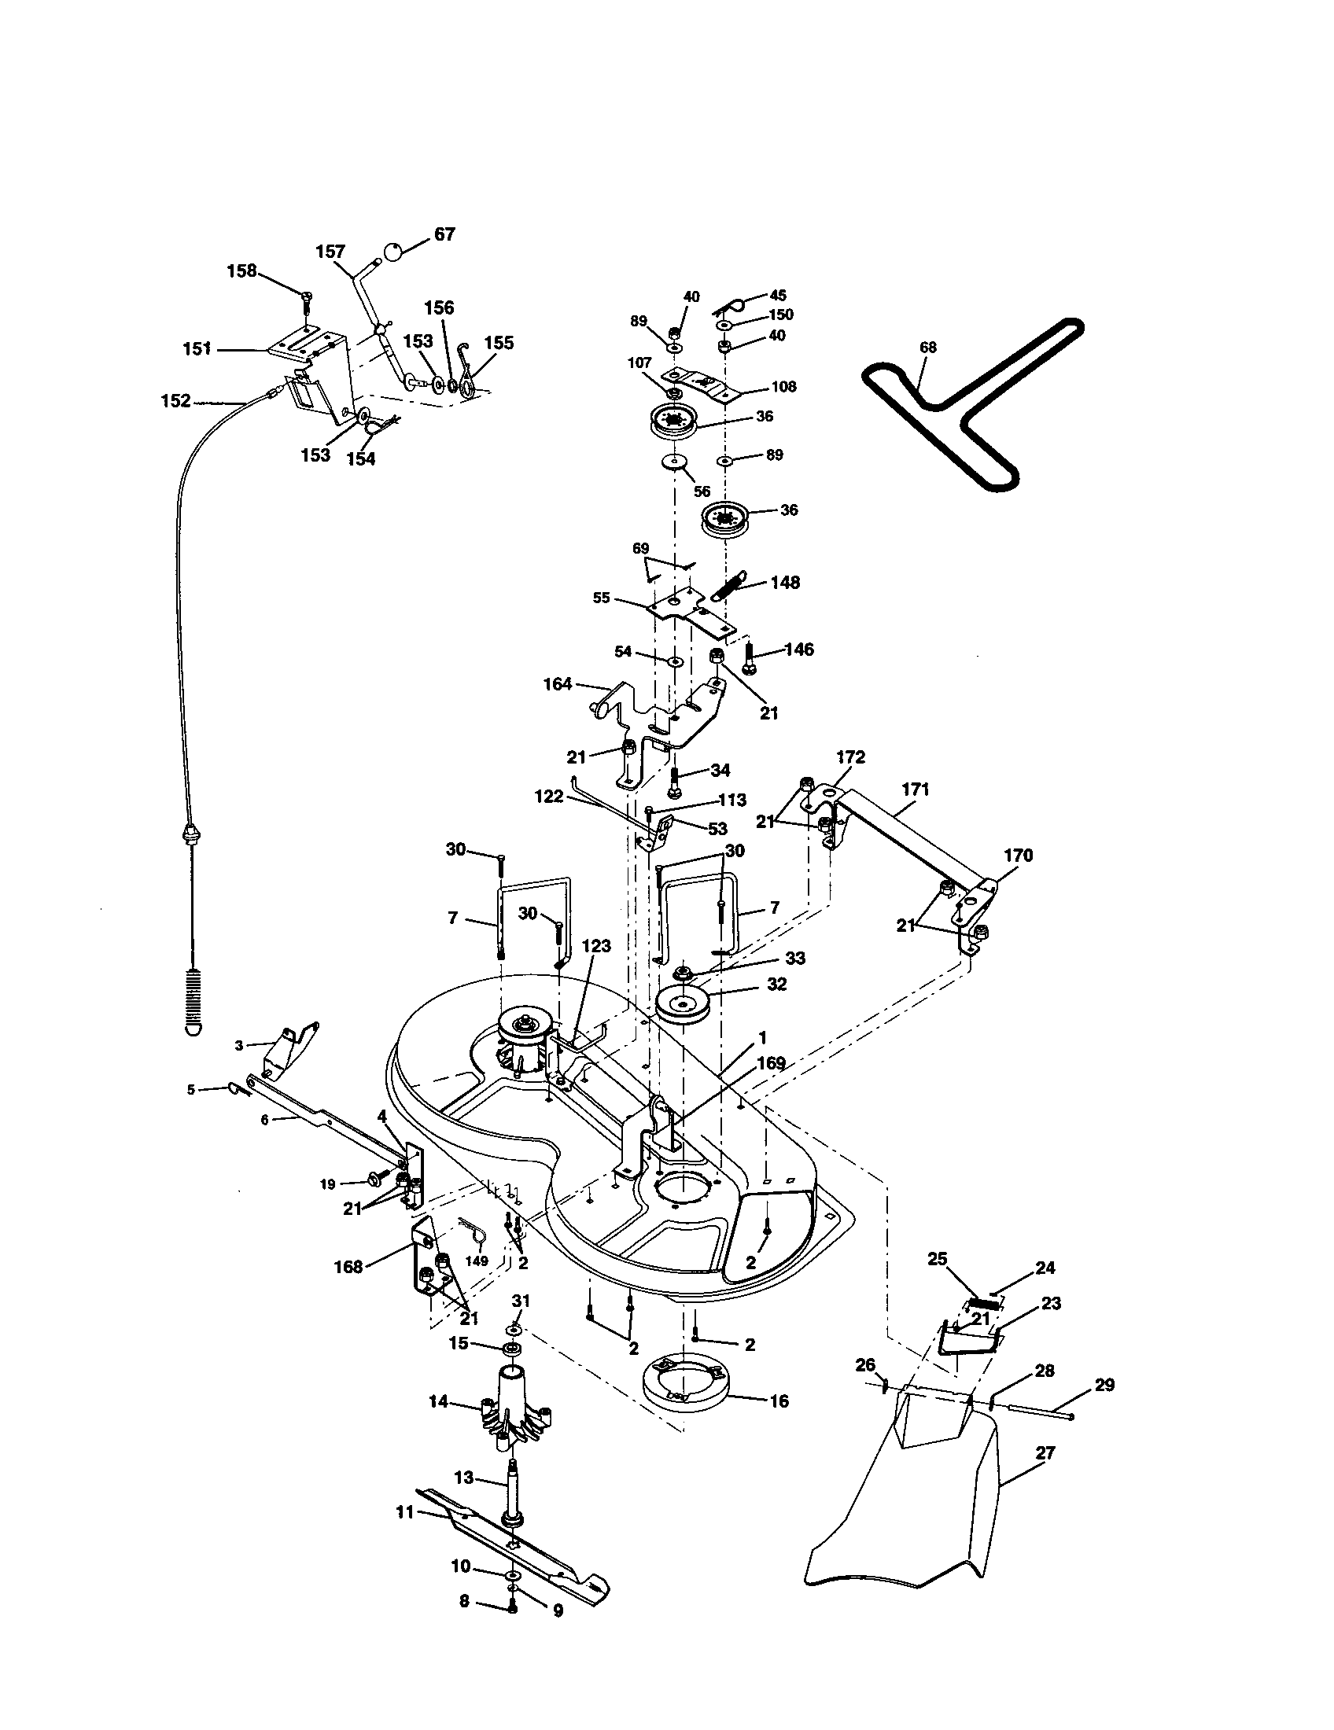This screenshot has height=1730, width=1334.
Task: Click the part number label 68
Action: coord(927,347)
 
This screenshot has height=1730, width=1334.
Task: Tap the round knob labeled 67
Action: coord(394,252)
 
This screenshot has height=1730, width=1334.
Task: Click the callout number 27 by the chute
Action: coord(1045,1453)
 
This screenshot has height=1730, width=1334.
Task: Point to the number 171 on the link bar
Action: coord(915,790)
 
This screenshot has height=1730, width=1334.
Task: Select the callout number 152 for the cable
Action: coord(175,402)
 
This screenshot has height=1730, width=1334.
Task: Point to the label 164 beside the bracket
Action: coord(558,683)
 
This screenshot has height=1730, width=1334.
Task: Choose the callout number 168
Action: coord(348,1267)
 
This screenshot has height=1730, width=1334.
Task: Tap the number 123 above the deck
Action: coord(596,946)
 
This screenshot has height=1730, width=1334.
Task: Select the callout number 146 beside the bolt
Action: coord(798,650)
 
